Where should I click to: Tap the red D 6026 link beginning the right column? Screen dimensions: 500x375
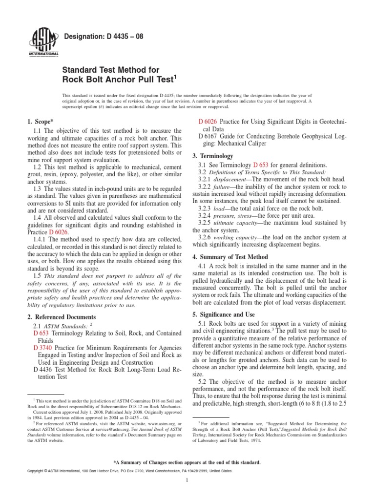click(208, 121)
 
